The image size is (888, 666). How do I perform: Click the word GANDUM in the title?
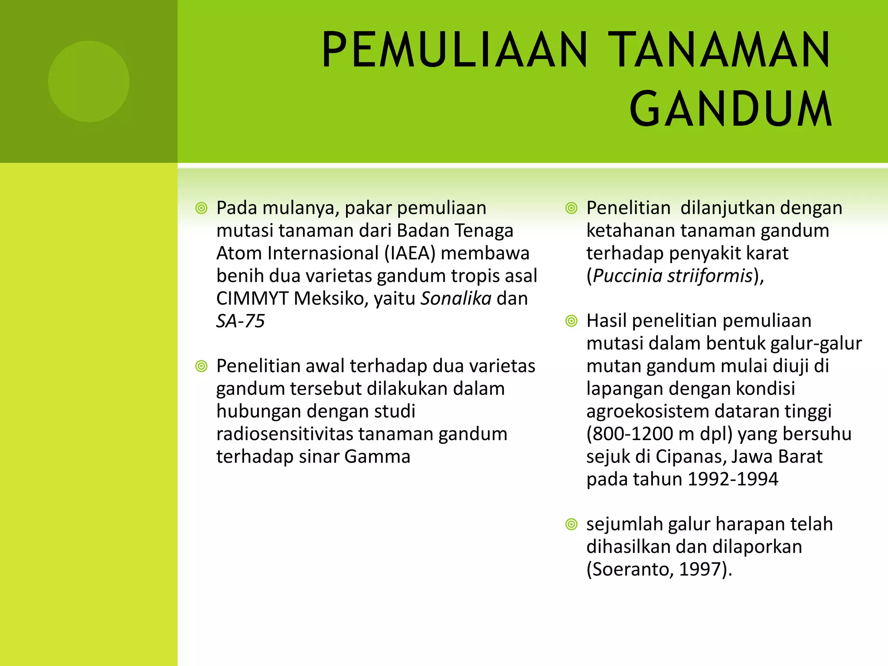click(x=731, y=109)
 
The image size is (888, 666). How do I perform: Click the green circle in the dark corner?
click(x=88, y=82)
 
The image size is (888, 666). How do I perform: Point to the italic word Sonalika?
click(x=456, y=298)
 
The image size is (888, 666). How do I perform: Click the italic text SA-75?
click(x=240, y=321)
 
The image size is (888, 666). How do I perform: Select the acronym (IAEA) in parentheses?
click(x=410, y=253)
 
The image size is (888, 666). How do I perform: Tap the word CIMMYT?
click(x=252, y=298)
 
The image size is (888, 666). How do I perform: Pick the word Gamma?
click(x=377, y=457)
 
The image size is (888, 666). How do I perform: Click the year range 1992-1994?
click(x=733, y=479)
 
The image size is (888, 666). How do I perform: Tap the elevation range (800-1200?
click(x=635, y=434)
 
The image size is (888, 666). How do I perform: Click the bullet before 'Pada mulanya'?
click(x=201, y=209)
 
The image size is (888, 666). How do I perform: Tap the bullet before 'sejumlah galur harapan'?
click(x=571, y=525)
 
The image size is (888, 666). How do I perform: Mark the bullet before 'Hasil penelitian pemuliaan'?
click(x=571, y=321)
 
